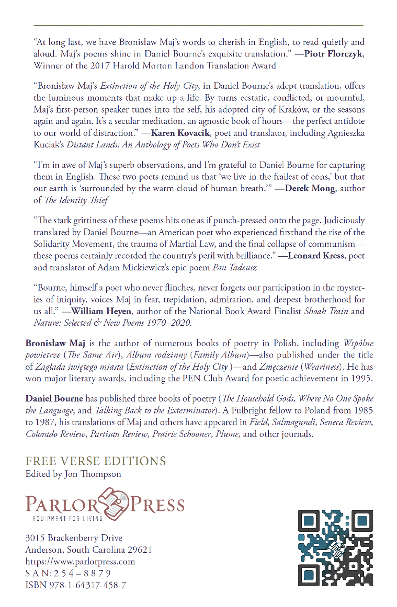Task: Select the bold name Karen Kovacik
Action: click(x=181, y=133)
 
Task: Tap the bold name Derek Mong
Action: click(x=310, y=189)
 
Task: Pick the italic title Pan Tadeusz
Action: click(x=235, y=267)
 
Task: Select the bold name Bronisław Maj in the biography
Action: click(x=55, y=343)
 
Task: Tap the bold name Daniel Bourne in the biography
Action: click(x=54, y=399)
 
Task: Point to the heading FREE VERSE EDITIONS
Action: click(x=95, y=461)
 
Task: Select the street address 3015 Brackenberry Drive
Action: click(x=74, y=538)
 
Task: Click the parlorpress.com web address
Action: click(x=80, y=562)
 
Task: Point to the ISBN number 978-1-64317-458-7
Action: click(x=87, y=585)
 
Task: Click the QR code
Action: click(x=335, y=548)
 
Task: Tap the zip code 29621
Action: click(x=140, y=550)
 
